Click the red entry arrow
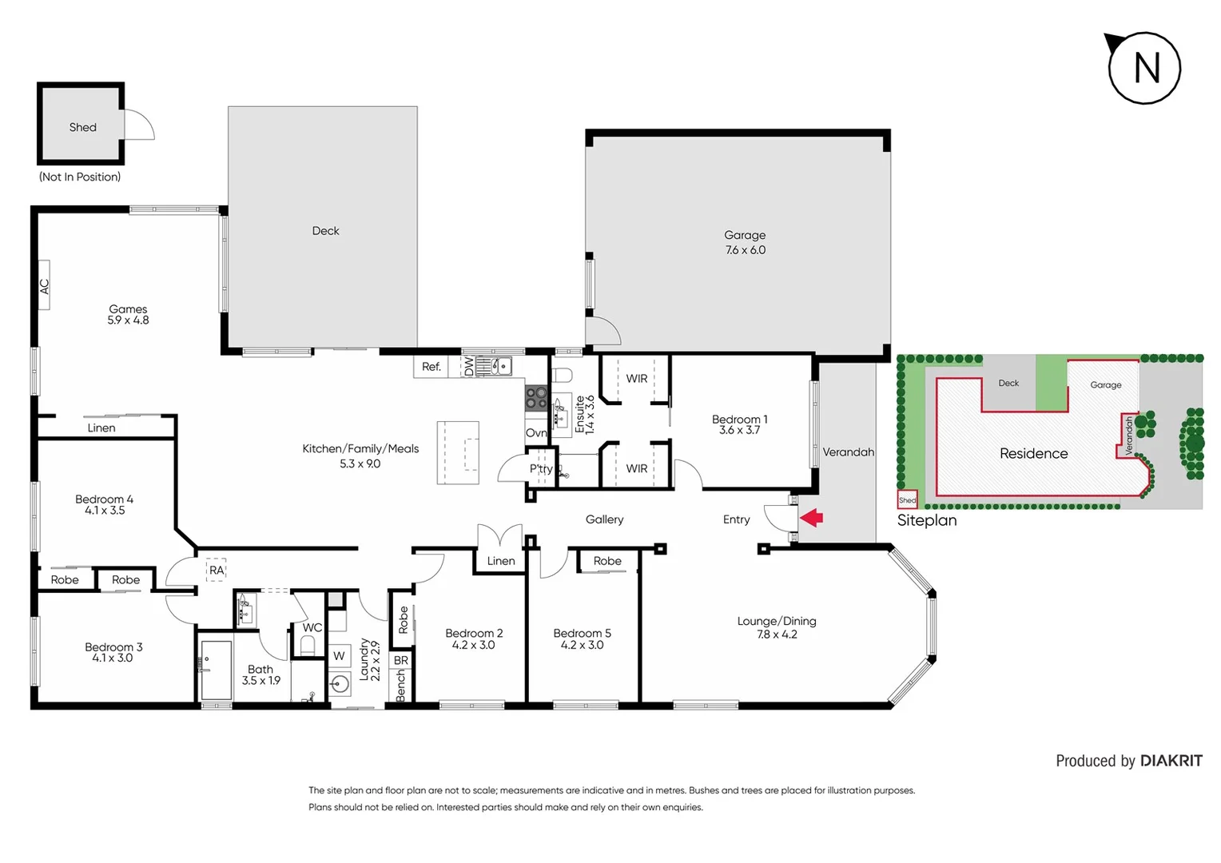[812, 518]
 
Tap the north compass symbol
[1144, 68]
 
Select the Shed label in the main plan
[82, 127]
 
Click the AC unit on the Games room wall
[45, 285]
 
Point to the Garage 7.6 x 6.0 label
[745, 242]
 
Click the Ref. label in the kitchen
[432, 367]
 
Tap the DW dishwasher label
[469, 367]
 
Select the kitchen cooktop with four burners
[536, 398]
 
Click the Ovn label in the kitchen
[536, 433]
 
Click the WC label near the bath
[312, 627]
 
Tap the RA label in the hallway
[217, 570]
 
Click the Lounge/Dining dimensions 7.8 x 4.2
[777, 634]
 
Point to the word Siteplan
[927, 520]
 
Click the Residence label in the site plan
[1033, 453]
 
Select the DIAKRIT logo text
[1171, 761]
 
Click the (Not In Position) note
[80, 177]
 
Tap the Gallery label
[604, 519]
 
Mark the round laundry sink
[340, 684]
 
